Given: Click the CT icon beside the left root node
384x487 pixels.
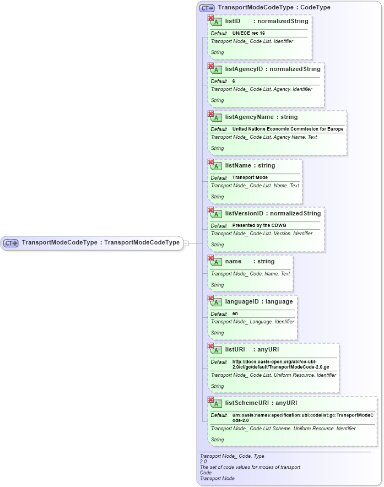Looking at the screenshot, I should coord(12,243).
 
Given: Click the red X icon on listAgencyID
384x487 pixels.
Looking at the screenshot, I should coord(210,66).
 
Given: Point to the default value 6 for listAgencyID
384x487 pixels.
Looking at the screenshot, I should coord(234,82).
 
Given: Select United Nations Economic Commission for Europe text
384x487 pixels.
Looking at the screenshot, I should coord(288,129).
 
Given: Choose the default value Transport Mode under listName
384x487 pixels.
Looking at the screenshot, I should coord(250,178).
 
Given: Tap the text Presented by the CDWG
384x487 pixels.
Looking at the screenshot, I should coord(259,226).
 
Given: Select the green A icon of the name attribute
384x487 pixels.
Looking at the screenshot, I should coord(217,262).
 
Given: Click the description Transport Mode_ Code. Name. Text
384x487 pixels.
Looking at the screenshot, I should coord(250,274).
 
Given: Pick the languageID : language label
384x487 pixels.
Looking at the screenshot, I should coord(259,301).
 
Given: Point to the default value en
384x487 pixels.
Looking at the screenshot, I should coord(235,314).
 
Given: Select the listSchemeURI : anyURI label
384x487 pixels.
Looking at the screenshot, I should coord(261,403).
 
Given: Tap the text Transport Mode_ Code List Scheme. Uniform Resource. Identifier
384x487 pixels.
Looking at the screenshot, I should coord(283,429).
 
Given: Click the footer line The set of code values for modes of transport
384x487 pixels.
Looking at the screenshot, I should coord(250,467).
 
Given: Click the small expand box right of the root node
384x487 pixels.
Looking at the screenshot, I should coord(186,243).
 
